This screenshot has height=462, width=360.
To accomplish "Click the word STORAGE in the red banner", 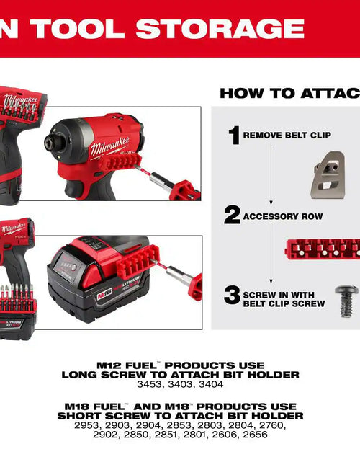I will point(220,28).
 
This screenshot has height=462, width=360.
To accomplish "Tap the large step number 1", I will point(234,134).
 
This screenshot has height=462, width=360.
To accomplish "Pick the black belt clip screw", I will point(346,299).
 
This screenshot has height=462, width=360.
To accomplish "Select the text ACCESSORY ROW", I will point(282,216).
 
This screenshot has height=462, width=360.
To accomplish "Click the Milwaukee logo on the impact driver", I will point(109,148).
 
